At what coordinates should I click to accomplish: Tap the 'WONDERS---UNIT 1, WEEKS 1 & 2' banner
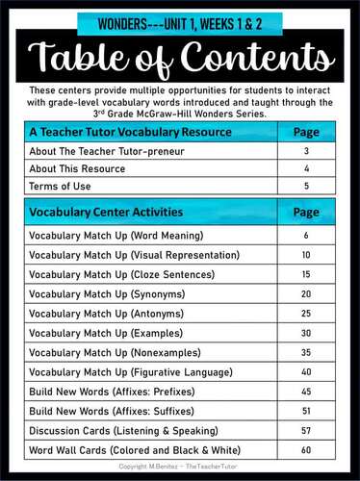click(x=180, y=20)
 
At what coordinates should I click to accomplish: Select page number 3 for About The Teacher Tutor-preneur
click(x=305, y=151)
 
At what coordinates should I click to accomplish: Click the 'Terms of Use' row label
click(x=56, y=185)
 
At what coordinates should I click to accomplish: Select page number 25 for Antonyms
click(x=305, y=313)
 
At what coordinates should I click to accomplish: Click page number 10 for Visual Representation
click(x=305, y=255)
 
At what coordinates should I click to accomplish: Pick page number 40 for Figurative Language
click(x=305, y=371)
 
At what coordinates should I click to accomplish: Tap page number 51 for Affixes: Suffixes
click(x=305, y=410)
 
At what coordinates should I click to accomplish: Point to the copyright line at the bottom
click(x=180, y=467)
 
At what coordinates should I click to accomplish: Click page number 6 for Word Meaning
click(x=305, y=236)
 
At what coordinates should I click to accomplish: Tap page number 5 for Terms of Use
click(x=305, y=185)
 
